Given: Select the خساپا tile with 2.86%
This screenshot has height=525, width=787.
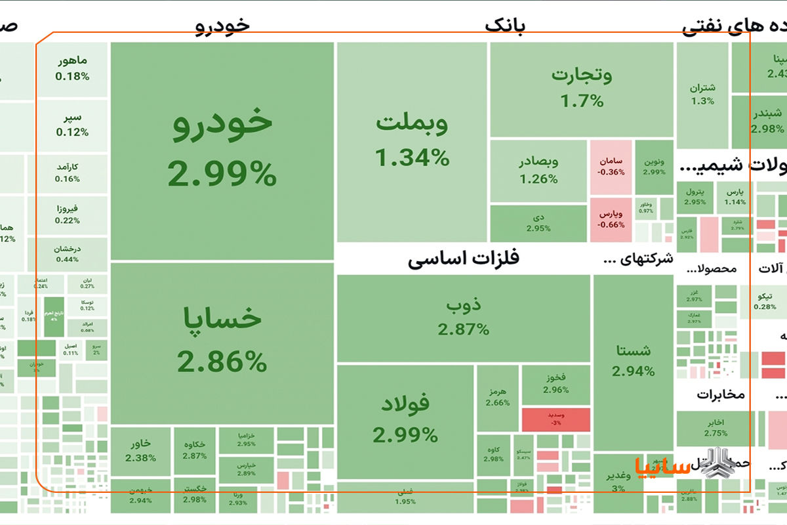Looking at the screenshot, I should (222, 341).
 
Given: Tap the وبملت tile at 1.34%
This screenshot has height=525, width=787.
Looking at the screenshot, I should (412, 141).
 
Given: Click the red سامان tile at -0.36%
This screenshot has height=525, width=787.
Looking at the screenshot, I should (611, 167).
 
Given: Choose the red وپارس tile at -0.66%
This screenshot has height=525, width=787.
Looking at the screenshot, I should (611, 219).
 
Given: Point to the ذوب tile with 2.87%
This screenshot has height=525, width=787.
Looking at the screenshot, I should (464, 318).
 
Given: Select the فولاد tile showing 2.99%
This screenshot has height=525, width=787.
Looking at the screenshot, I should (405, 420).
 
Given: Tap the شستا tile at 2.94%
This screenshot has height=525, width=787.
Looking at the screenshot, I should (633, 361).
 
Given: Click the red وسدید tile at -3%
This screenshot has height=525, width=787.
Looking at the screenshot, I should (555, 419).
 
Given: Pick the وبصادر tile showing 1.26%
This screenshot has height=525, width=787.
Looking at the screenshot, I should (538, 169).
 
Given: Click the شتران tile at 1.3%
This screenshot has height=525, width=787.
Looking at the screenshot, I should (702, 94).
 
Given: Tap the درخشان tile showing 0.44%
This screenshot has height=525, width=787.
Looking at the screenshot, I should (72, 254).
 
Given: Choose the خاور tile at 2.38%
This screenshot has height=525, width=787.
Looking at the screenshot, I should (140, 450).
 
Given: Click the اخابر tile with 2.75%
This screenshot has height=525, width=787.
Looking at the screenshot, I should (716, 427).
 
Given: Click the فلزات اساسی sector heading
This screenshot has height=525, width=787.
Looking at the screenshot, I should (463, 259).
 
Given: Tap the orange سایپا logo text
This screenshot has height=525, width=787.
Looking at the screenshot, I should (662, 467).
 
